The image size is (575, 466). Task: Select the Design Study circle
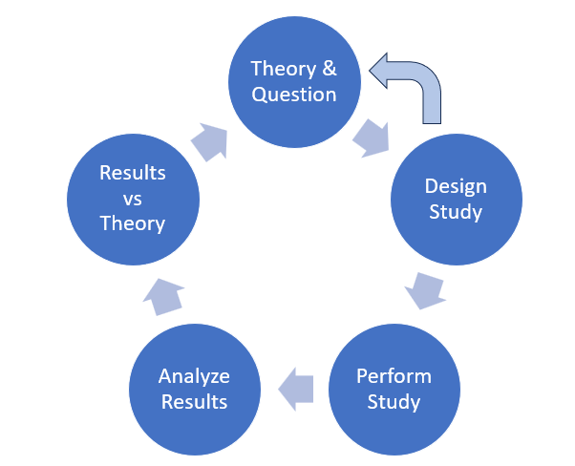point(456,198)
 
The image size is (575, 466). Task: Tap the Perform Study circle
point(394,388)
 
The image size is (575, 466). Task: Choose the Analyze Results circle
point(194,388)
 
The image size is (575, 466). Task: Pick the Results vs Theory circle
point(133,199)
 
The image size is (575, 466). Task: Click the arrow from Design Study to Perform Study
point(423,287)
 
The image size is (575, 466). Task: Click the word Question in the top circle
point(293,95)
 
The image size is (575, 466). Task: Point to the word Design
point(456,185)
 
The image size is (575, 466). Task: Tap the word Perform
point(394,375)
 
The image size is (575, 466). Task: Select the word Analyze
point(194,375)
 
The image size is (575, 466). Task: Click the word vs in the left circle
point(133,199)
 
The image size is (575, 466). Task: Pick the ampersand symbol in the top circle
point(328,69)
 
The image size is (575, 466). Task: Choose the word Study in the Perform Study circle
point(394,401)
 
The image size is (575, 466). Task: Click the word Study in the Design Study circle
point(456,211)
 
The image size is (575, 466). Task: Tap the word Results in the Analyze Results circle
point(194,401)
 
